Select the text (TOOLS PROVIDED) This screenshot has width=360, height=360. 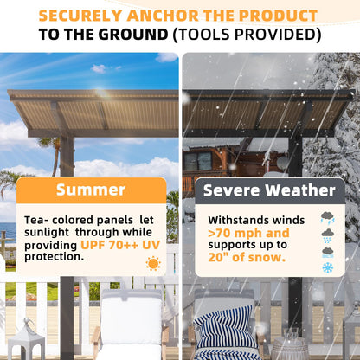tap(247, 35)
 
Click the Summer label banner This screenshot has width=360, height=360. tap(91, 190)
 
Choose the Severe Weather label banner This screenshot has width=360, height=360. tap(268, 190)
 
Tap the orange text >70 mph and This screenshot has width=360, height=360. tap(248, 233)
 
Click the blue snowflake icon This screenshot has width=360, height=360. tap(328, 267)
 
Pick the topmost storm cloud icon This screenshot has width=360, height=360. tap(328, 218)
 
